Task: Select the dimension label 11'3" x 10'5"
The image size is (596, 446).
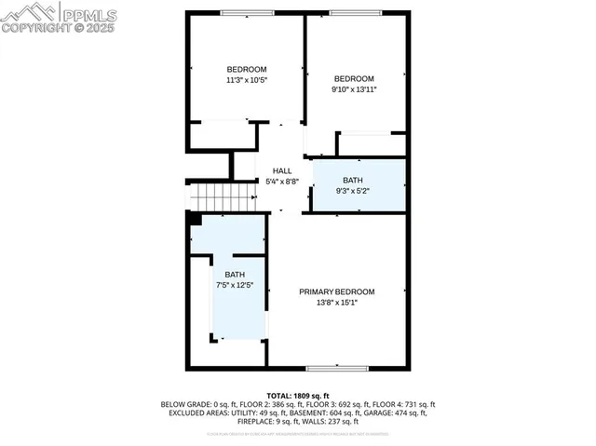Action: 247,81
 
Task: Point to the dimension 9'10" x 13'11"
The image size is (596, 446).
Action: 354,89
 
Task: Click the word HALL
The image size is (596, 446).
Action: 281,170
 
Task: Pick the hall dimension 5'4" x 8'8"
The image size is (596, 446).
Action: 281,181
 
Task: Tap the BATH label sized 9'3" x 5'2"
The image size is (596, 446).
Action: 353,180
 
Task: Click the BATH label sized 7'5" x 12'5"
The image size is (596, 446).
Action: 235,275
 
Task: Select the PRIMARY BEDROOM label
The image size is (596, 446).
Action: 336,291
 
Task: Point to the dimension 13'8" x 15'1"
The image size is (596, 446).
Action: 336,303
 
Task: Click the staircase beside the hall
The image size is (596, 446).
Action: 223,196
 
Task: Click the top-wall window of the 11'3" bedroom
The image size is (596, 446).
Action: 240,12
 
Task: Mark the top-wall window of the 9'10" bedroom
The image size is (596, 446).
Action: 355,12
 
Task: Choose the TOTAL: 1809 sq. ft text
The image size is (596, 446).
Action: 297,396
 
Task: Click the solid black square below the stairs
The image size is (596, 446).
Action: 195,219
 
